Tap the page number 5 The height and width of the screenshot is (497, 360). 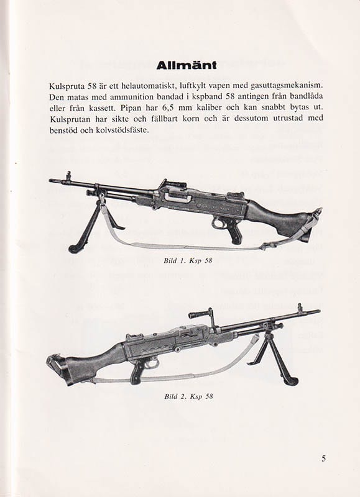324,459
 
